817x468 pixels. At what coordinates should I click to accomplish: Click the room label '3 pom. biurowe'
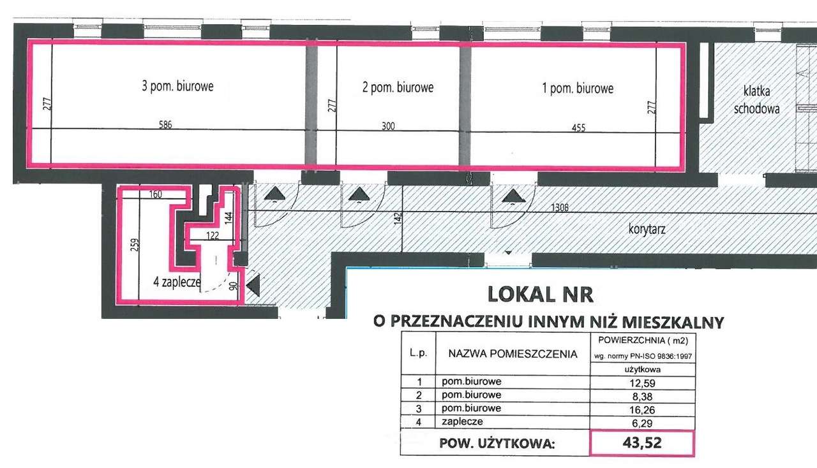coord(177,86)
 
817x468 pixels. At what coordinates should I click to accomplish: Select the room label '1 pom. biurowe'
coord(578,89)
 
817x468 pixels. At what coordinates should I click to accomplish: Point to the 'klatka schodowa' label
coord(756,99)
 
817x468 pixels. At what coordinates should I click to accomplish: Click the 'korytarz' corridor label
coord(647,228)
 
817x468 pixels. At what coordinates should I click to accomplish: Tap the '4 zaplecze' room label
coord(177,281)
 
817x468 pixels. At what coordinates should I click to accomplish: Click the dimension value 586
coord(165,125)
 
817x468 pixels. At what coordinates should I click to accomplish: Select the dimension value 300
coord(387,126)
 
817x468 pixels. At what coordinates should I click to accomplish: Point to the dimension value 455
coord(578,128)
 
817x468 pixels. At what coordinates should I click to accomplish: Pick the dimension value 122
coord(213,235)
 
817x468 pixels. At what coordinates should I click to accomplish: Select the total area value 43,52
coord(641,443)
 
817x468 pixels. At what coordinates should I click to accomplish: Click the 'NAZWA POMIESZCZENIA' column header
coord(513,354)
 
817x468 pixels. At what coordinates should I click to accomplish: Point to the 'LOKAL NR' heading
coord(540,295)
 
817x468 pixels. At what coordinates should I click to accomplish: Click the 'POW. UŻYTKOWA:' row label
coord(497,444)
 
